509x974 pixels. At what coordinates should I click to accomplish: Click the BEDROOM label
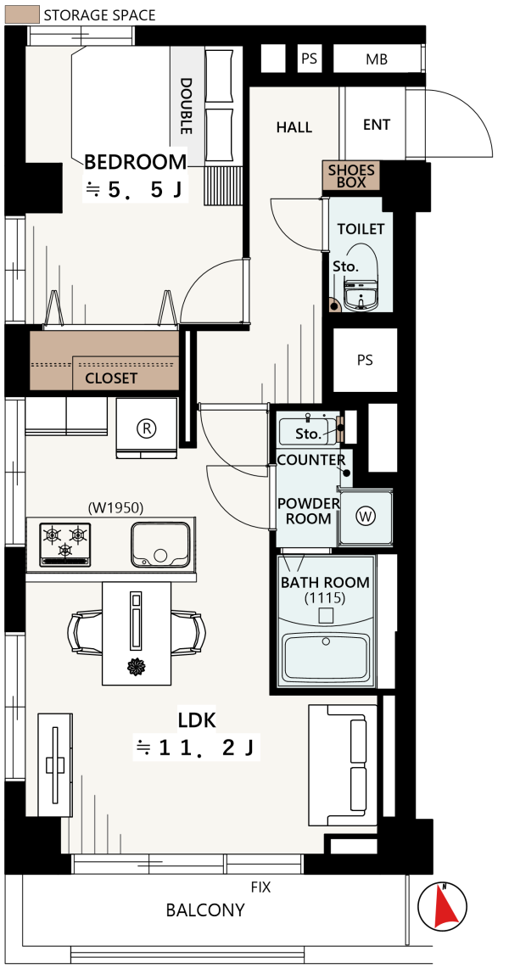click(x=136, y=162)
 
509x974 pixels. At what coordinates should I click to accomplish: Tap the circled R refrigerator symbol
click(x=147, y=428)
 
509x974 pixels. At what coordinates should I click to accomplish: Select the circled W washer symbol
click(x=366, y=516)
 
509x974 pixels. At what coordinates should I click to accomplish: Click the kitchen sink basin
click(x=160, y=544)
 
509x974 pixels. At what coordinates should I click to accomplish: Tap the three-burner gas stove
click(x=65, y=544)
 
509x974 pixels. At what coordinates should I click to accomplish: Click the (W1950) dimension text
click(x=115, y=508)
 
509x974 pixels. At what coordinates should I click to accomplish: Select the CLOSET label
click(x=111, y=378)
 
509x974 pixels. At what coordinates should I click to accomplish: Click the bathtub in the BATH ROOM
click(x=326, y=658)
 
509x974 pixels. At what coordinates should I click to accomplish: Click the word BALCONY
click(x=205, y=910)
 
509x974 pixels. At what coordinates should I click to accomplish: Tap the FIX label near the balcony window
click(x=260, y=887)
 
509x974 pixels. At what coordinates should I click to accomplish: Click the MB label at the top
click(x=377, y=59)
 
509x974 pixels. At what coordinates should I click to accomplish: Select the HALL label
click(x=294, y=127)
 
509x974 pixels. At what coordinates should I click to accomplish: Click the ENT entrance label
click(x=377, y=125)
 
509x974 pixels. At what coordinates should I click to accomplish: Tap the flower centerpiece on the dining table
click(x=136, y=668)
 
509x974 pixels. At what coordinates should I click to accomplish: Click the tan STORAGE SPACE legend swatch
click(x=22, y=15)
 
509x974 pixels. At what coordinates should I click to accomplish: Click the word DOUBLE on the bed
click(x=186, y=105)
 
